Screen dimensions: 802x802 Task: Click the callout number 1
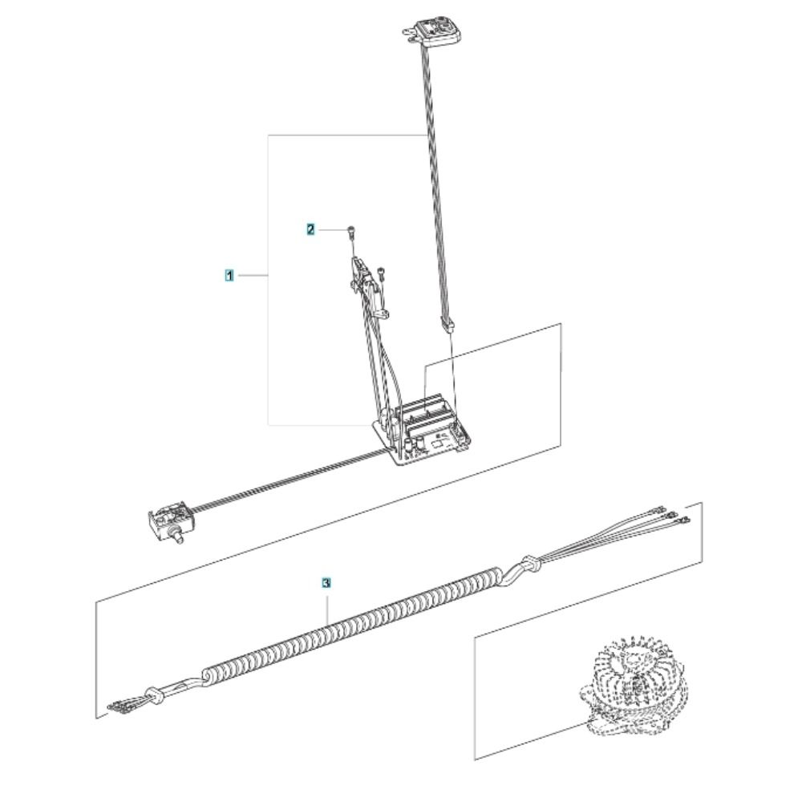(229, 276)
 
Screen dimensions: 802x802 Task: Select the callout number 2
(311, 229)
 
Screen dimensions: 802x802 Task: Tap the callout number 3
(326, 582)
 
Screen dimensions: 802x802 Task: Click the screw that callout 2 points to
(351, 232)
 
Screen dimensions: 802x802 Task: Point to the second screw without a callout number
(380, 273)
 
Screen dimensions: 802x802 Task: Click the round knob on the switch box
(179, 537)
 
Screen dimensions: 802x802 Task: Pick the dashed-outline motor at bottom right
(634, 687)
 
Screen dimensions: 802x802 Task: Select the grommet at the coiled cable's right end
(530, 563)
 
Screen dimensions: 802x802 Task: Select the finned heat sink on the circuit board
(426, 410)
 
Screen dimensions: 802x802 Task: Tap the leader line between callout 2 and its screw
(333, 230)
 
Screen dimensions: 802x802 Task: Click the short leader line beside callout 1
(253, 276)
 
